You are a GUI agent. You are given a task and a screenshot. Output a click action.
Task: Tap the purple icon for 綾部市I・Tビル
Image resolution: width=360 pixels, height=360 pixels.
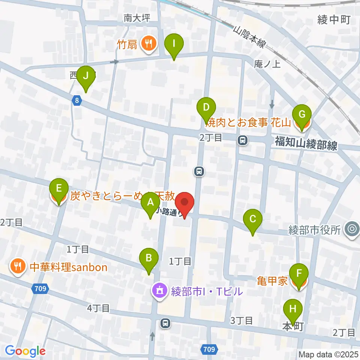159,291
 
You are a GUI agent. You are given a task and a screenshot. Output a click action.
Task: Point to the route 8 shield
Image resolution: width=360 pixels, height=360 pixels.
77,100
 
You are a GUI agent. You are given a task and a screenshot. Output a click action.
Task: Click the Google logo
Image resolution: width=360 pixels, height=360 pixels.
25,351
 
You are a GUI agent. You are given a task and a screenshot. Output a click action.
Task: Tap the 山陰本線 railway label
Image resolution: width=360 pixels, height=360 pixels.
249,37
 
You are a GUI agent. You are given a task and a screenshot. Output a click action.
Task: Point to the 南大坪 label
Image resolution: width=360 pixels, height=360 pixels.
137,18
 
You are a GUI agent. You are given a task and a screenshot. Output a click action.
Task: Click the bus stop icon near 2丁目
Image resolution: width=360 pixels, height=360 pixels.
243,141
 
